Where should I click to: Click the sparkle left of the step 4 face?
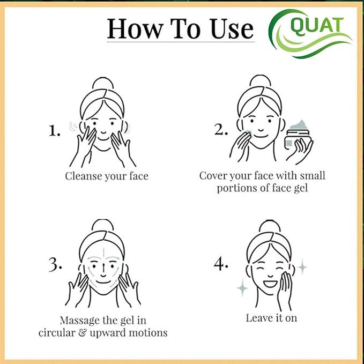click(242, 288)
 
